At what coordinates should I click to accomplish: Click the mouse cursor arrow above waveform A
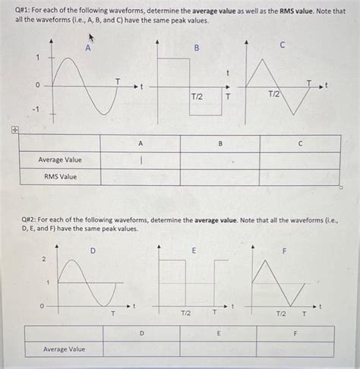click(93, 36)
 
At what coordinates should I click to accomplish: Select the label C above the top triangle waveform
click(283, 46)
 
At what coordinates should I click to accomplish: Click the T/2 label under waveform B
click(197, 97)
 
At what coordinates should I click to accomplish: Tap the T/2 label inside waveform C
click(274, 93)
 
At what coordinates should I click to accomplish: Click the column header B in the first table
click(220, 143)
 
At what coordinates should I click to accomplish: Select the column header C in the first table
click(300, 143)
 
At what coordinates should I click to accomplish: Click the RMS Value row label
click(60, 177)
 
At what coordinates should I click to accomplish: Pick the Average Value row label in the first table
click(60, 159)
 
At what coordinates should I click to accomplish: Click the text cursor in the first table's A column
click(141, 159)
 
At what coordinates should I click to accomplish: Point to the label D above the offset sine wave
click(93, 249)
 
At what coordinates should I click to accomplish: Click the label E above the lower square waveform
click(194, 250)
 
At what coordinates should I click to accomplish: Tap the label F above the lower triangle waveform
click(285, 250)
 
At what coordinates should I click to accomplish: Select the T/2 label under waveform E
click(185, 313)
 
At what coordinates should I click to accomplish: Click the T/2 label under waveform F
click(279, 313)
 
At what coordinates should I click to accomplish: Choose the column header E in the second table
click(219, 333)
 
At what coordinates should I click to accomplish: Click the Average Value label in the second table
click(64, 348)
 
